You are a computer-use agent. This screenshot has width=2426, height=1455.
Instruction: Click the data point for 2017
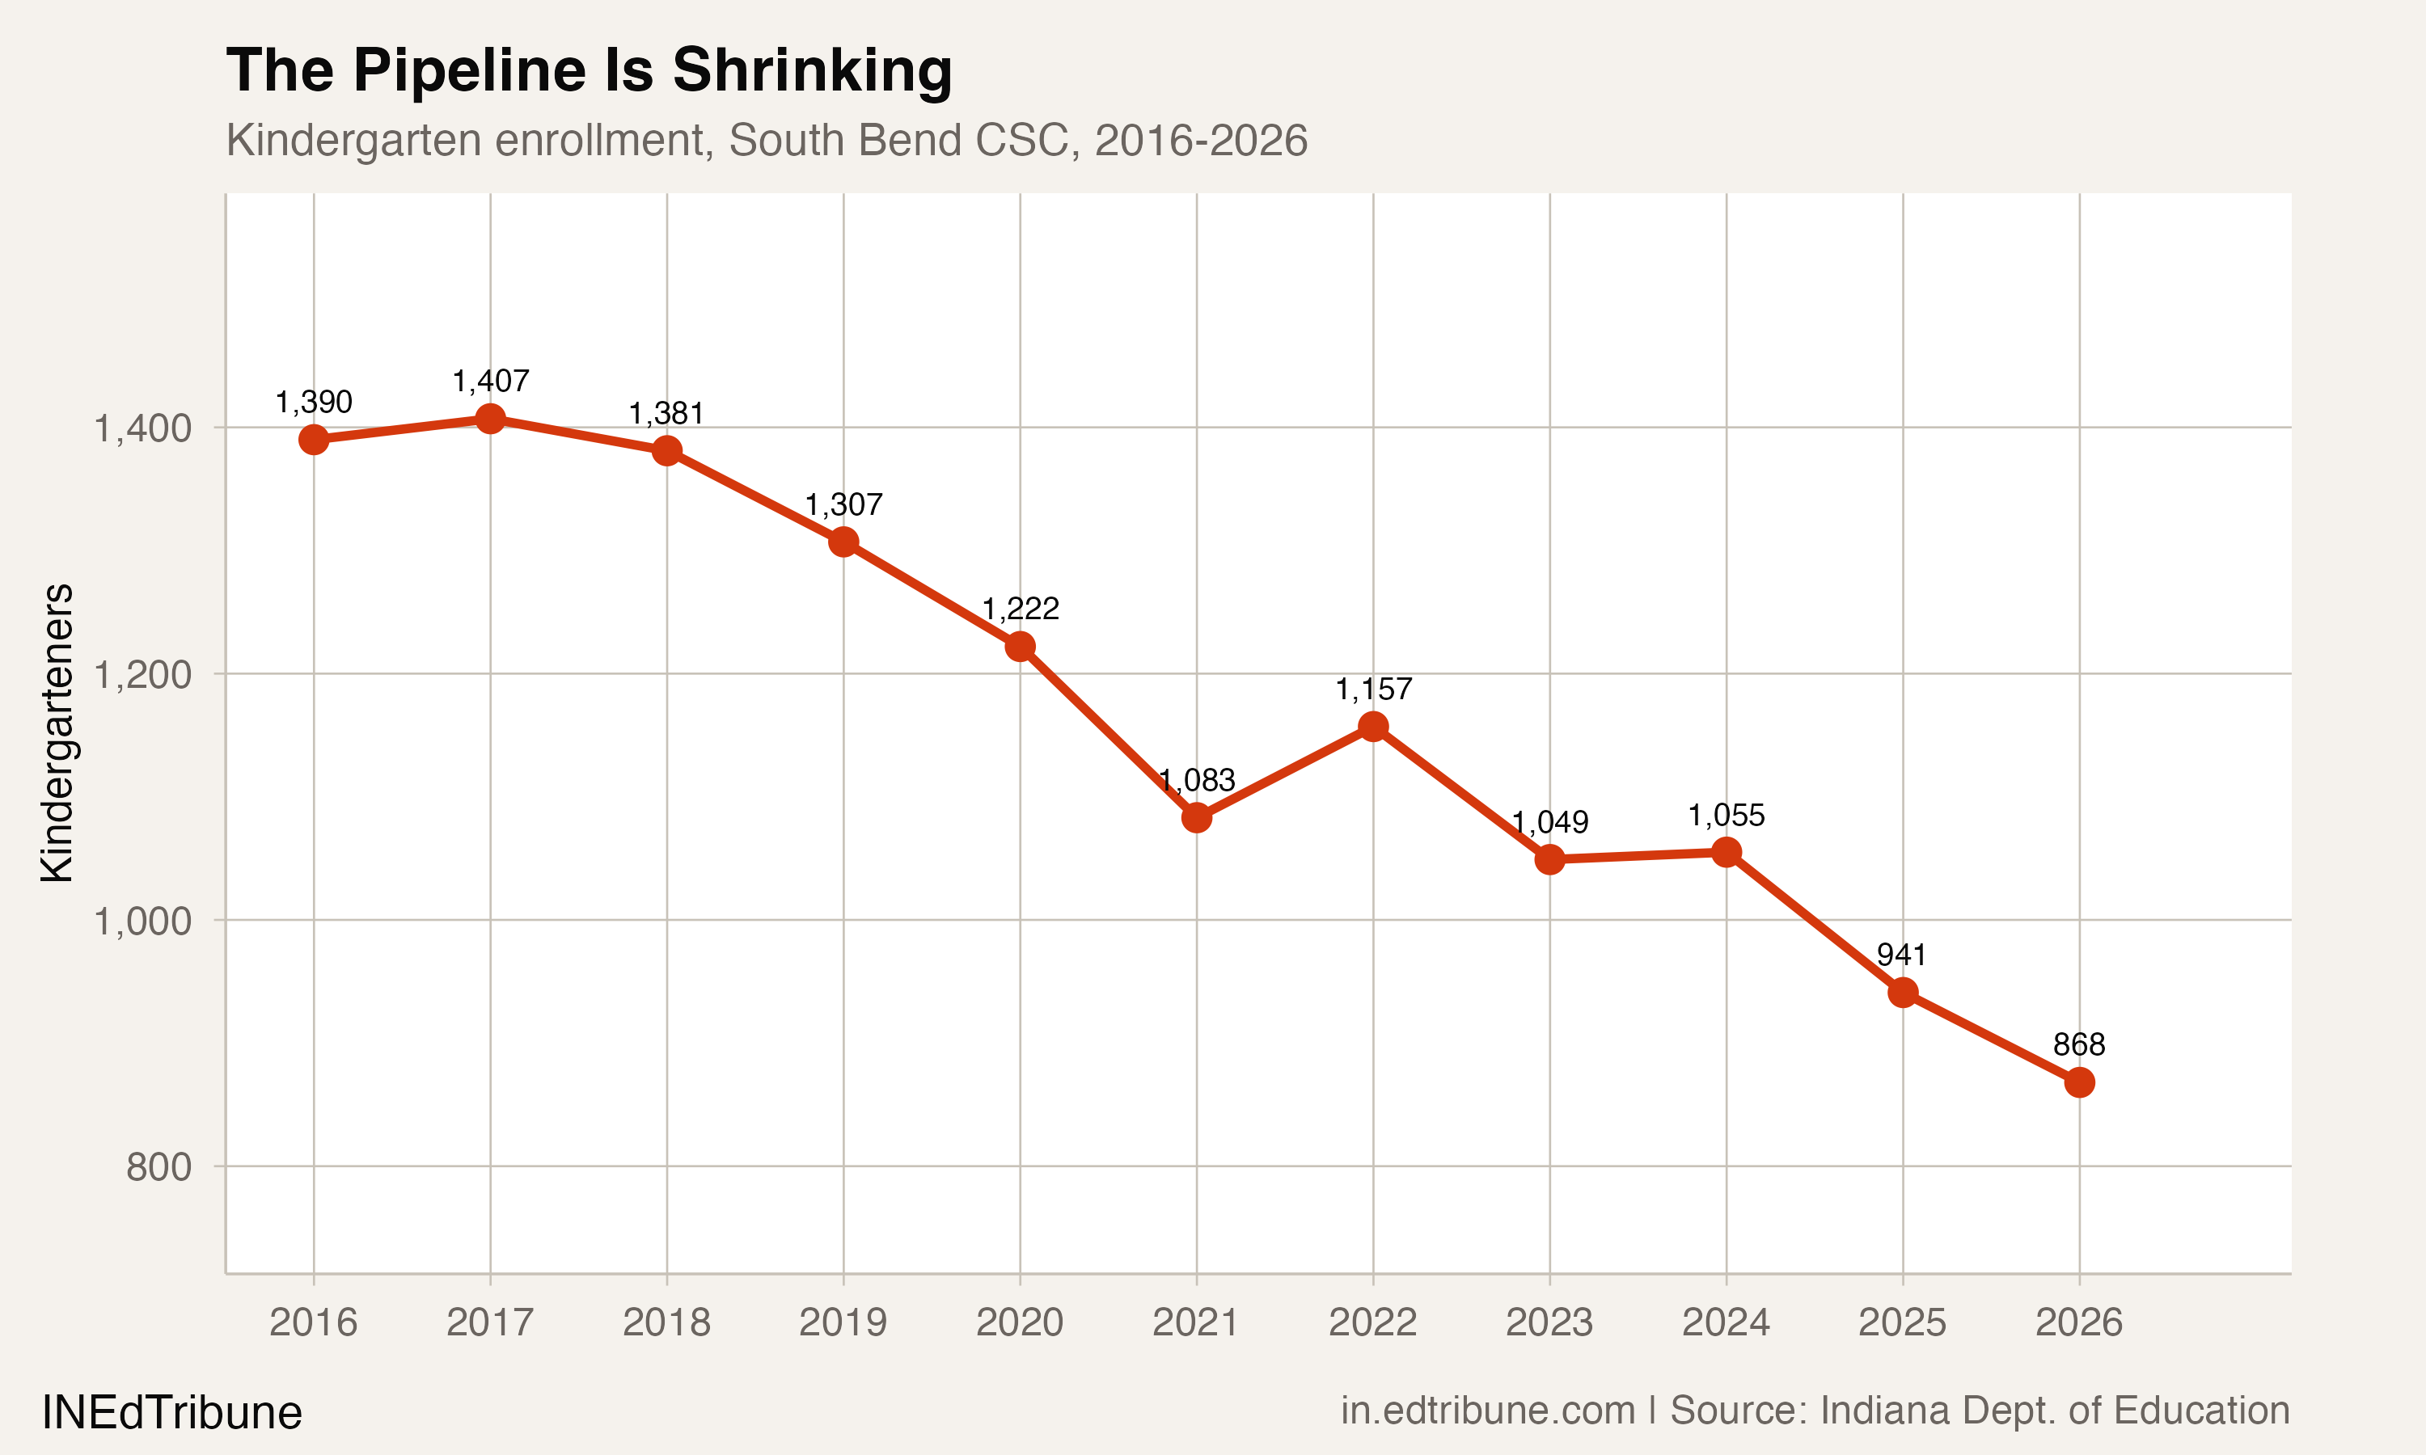(490, 419)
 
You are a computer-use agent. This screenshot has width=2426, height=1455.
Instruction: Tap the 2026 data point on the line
(2079, 1082)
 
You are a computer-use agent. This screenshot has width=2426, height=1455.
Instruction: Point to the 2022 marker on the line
(1373, 727)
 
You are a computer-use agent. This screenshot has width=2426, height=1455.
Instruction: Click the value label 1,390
(314, 402)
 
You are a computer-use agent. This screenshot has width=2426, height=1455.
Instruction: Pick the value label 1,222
(1020, 609)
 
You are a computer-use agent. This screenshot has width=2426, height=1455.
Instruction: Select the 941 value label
(1901, 954)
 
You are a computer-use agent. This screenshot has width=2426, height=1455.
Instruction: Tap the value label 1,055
(1726, 815)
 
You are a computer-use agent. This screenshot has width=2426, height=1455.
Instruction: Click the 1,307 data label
(843, 505)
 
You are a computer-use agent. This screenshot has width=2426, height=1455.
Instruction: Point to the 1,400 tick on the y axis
(142, 428)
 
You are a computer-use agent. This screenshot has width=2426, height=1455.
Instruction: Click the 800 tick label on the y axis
(158, 1166)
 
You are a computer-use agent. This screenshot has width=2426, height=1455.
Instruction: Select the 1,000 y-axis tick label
(142, 921)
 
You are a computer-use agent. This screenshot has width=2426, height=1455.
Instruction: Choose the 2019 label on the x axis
(843, 1322)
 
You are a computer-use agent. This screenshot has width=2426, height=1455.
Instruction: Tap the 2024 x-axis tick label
(1726, 1322)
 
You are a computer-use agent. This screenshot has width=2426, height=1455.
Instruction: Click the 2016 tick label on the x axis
(314, 1322)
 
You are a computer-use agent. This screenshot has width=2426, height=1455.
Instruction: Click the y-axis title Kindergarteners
(57, 732)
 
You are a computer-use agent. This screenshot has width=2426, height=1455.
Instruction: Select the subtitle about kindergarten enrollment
(766, 140)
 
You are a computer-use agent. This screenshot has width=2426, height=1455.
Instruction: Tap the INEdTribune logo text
(171, 1413)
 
